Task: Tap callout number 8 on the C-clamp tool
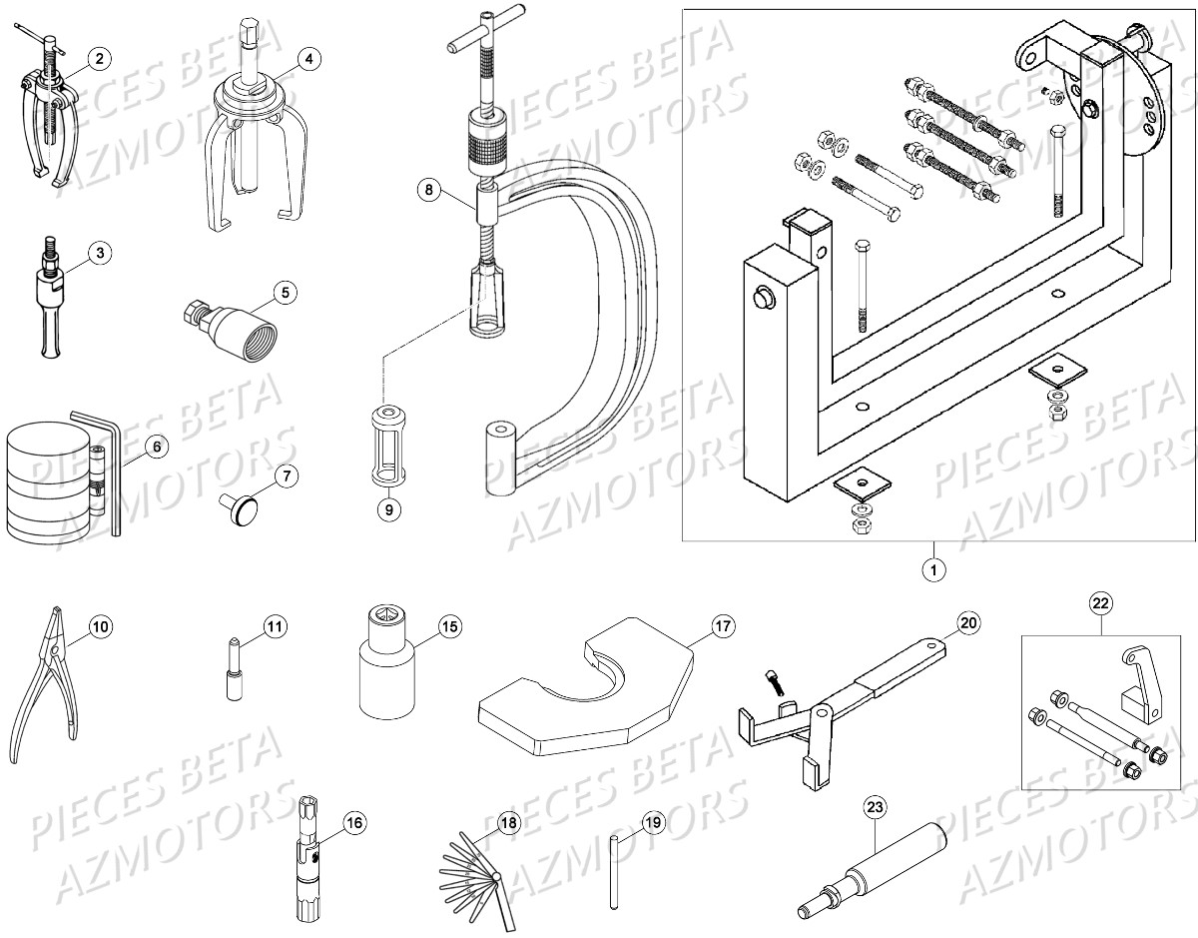(427, 189)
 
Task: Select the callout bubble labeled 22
(1100, 602)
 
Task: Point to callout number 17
(722, 626)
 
